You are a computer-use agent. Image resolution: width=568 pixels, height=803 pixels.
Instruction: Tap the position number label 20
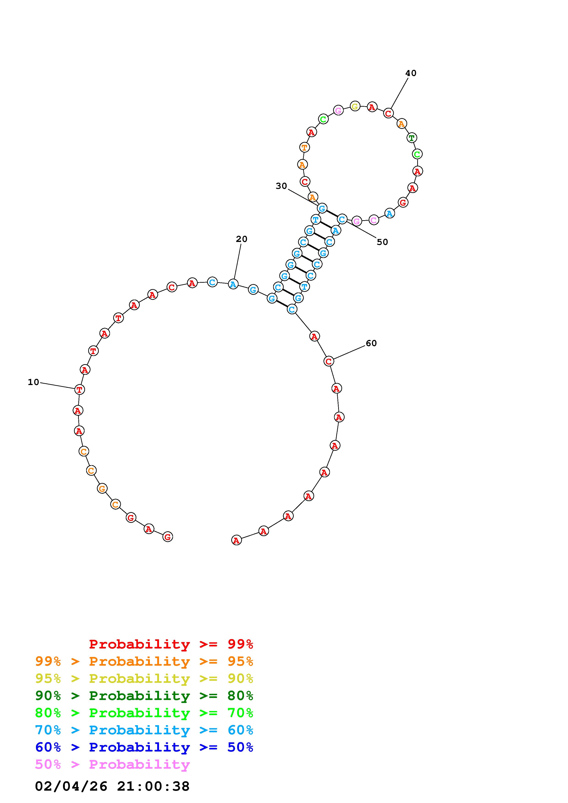241,239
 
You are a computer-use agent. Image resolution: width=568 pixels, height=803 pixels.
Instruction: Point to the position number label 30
281,186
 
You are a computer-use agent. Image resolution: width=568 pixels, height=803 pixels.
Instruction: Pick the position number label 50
382,242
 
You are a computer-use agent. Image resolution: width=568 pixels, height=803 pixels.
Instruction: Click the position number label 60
371,343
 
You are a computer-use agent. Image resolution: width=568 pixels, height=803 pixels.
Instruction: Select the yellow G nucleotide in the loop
355,106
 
